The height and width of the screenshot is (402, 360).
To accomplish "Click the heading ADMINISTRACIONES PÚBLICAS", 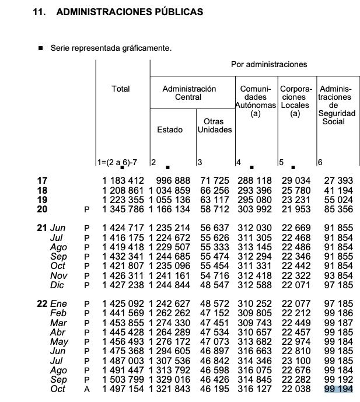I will [130, 12].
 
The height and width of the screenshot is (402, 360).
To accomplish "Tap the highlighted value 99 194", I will [338, 389].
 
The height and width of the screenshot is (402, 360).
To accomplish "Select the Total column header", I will [121, 89].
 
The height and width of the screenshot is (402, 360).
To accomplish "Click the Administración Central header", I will [189, 93].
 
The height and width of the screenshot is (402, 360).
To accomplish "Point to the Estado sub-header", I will [170, 130].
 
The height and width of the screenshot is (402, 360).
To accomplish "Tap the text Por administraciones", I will [269, 64].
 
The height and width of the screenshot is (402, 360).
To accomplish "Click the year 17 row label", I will [42, 181].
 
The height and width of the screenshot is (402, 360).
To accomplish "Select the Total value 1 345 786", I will [123, 209].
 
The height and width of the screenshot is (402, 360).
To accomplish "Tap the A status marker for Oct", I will [87, 389].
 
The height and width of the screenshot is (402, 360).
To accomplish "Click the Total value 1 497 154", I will [123, 389].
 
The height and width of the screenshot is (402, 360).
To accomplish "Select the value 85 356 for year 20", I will [338, 209].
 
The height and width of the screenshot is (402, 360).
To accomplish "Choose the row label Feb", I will [58, 313].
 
